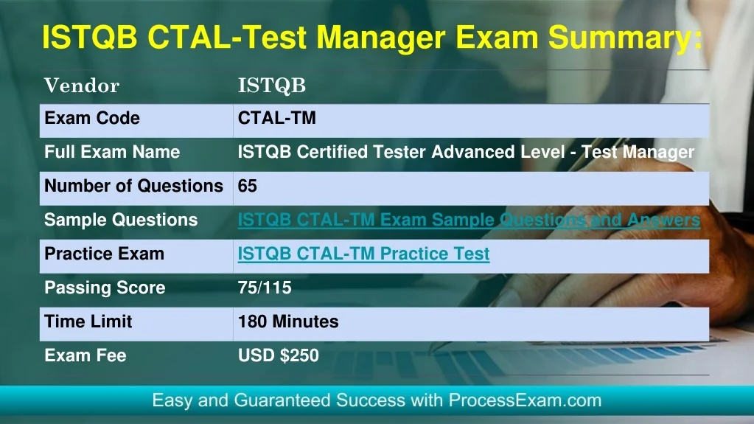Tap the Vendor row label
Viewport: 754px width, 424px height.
click(x=82, y=86)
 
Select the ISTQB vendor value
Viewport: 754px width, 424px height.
click(x=272, y=86)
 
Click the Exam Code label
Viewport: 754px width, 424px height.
click(x=92, y=118)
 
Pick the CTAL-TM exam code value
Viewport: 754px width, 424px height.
click(x=277, y=118)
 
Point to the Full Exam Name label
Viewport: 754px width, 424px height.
click(x=112, y=152)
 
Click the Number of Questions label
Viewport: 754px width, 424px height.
click(x=133, y=186)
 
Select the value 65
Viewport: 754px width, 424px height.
click(x=248, y=186)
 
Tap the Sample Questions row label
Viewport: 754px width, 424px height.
click(x=121, y=220)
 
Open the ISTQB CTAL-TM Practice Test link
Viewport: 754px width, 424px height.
click(x=363, y=254)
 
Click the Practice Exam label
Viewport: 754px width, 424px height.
click(x=105, y=254)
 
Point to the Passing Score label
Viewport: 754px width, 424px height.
click(x=105, y=288)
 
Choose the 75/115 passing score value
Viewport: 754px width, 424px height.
click(x=265, y=288)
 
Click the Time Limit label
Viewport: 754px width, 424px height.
click(x=88, y=322)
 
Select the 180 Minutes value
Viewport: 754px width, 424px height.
click(x=288, y=322)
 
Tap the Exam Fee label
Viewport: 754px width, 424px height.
click(x=85, y=355)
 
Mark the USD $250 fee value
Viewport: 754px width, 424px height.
click(x=279, y=355)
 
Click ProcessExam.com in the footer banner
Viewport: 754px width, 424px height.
click(x=525, y=400)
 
